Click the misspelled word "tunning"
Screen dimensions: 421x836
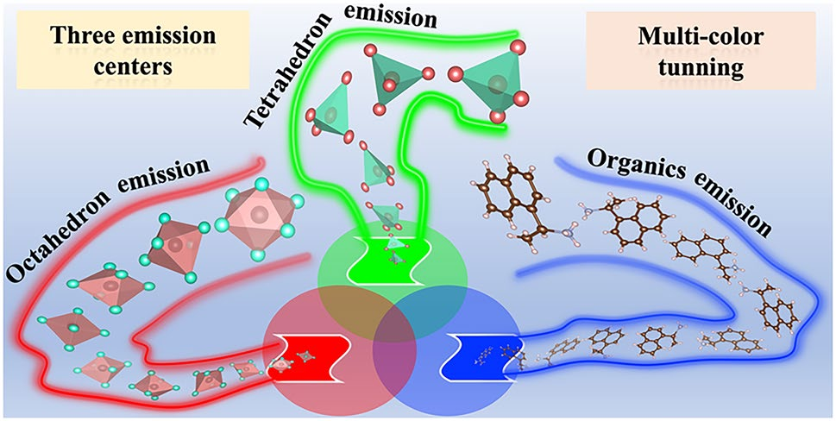coord(701,66)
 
